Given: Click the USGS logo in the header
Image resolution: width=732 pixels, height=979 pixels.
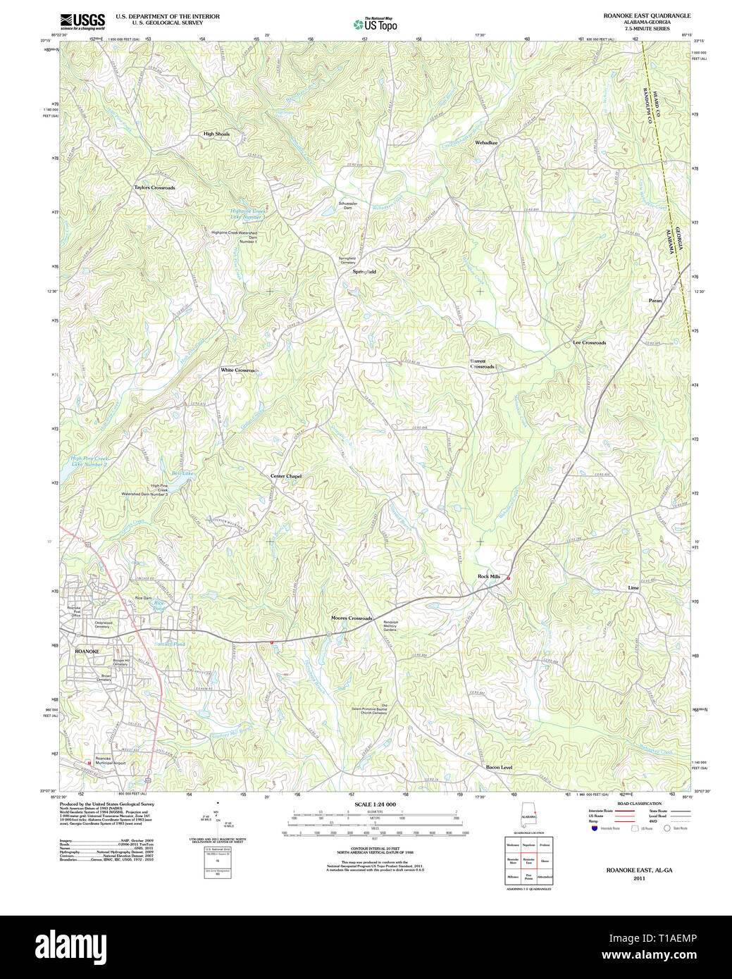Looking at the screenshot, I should (x=82, y=20).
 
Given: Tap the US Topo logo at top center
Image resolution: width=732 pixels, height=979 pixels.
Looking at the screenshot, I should (x=376, y=24).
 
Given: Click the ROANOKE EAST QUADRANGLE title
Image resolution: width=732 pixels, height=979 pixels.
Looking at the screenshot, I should (x=647, y=15).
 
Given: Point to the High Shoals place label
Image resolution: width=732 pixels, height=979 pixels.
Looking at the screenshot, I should (x=216, y=134).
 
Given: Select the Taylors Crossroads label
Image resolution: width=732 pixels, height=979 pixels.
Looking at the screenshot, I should (x=154, y=188).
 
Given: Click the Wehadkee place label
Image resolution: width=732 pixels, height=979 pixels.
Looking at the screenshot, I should (x=486, y=143).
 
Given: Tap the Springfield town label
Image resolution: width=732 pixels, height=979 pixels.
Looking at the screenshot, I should (x=364, y=271).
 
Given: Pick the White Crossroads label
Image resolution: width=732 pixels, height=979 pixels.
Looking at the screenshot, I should (x=240, y=370).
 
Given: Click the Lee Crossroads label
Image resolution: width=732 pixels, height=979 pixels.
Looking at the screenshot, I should (x=589, y=342).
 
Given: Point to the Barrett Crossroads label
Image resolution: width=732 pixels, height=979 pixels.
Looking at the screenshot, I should (x=483, y=364).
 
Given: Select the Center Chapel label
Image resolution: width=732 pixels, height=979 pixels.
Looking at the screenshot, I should (x=286, y=476).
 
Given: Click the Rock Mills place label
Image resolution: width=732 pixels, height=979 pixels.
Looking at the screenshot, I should (x=488, y=577).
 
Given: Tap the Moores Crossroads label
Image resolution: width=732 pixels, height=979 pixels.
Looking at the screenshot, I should (x=352, y=618).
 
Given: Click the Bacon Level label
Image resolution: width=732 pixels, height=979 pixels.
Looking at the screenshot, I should (x=499, y=767).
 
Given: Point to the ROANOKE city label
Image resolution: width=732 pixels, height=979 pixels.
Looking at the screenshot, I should (x=87, y=651).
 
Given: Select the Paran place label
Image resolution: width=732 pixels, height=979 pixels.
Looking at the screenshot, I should (x=655, y=301).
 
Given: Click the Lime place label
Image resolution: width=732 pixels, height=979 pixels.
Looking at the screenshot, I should (x=633, y=587).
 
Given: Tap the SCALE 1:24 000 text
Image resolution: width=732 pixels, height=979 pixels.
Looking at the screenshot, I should (x=375, y=804).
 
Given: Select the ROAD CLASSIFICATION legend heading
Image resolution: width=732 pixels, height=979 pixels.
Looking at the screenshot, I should (x=639, y=804).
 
